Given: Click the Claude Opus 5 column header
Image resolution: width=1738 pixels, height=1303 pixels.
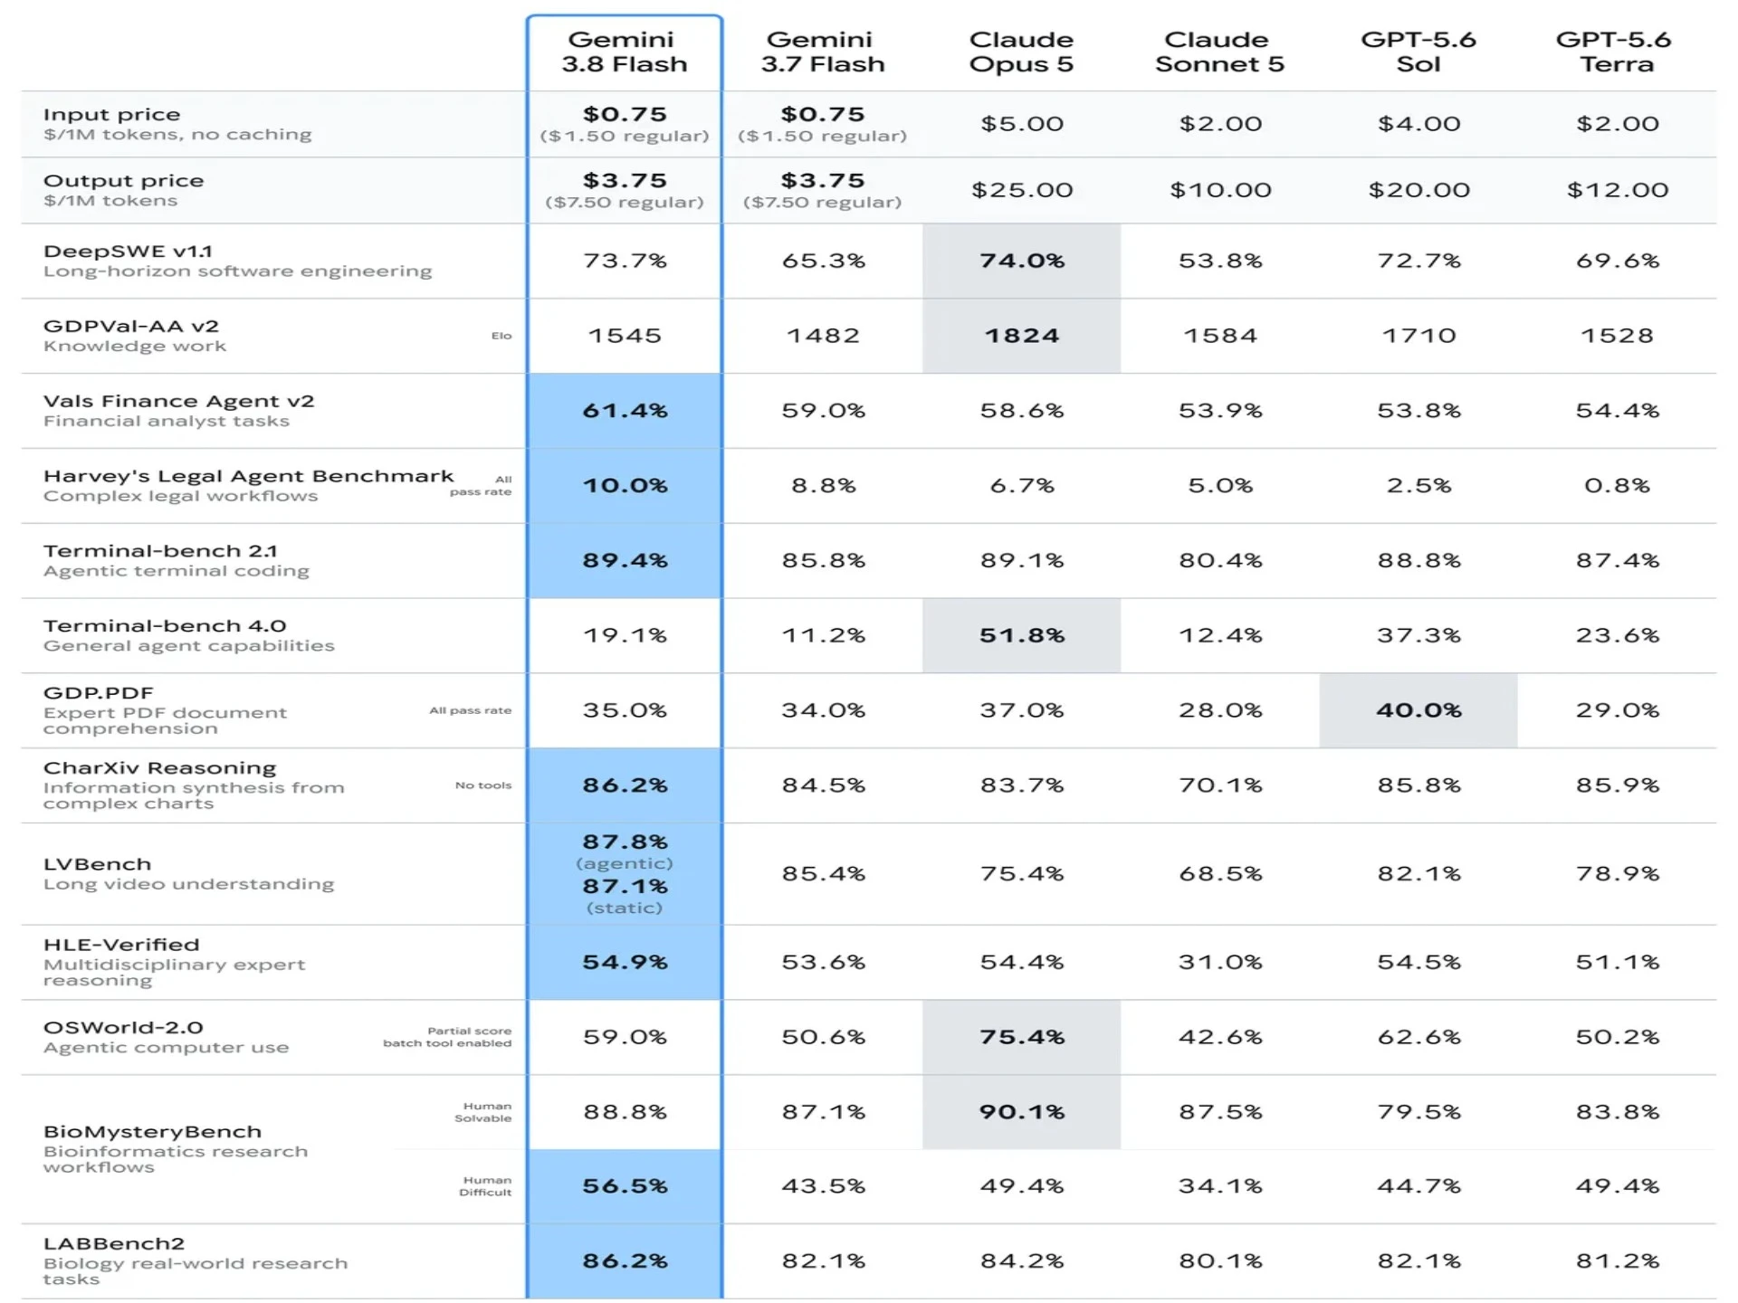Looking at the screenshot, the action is [x=1021, y=52].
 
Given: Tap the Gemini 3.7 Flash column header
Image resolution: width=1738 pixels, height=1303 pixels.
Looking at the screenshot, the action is [x=822, y=52].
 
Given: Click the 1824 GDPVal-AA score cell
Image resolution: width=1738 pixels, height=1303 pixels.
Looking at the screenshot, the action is [x=1021, y=336].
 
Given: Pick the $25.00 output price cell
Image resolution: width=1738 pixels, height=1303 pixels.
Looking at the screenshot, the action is [x=1022, y=190].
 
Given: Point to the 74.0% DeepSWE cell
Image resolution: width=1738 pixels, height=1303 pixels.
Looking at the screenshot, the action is [x=1022, y=261].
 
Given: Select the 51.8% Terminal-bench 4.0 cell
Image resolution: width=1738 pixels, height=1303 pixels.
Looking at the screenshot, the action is [x=1022, y=635].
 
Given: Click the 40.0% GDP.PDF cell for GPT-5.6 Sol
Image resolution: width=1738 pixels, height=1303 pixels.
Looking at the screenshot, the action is [x=1418, y=710].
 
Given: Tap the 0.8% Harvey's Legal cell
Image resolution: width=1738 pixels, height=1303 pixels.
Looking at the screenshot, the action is [x=1617, y=486].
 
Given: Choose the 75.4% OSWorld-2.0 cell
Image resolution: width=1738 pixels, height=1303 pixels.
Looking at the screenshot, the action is [x=1022, y=1037].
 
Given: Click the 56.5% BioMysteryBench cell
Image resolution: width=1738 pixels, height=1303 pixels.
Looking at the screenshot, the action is [x=625, y=1186].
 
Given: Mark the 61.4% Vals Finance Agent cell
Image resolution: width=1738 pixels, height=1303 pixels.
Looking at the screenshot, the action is [x=625, y=411].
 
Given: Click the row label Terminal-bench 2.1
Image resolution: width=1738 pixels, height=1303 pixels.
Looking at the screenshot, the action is [x=160, y=551].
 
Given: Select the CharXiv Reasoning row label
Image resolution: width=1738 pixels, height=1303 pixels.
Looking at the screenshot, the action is [x=159, y=768].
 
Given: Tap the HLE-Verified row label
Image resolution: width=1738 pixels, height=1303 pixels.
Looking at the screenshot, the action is [x=121, y=945].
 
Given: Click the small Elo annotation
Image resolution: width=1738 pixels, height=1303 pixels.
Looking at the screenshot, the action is [x=501, y=336].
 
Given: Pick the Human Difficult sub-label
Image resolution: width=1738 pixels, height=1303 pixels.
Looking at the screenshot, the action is [x=485, y=1186].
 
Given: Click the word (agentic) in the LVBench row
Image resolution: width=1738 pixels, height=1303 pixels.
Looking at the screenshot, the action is [x=625, y=864].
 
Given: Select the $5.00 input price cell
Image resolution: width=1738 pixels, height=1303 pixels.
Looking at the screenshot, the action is [x=1022, y=124].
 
